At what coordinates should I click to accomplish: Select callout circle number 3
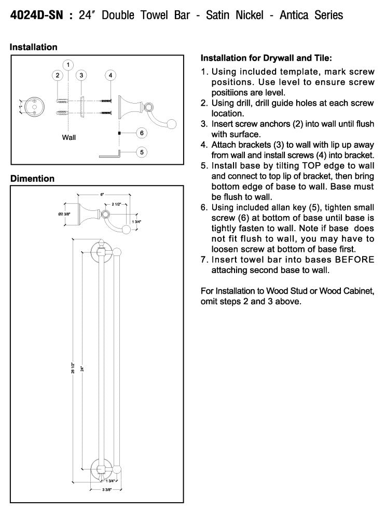coord(81,76)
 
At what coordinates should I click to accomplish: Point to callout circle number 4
coord(110,76)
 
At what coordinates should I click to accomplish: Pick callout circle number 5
coord(142,152)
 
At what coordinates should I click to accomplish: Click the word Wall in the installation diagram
coord(69,138)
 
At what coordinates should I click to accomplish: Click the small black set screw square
coord(119,133)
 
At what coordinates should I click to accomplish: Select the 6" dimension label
coord(102,194)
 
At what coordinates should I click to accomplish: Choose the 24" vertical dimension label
coord(81,369)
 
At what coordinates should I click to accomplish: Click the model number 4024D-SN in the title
coord(36,15)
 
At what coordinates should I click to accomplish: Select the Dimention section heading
coord(32,178)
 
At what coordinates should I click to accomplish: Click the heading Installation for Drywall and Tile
coord(266,58)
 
